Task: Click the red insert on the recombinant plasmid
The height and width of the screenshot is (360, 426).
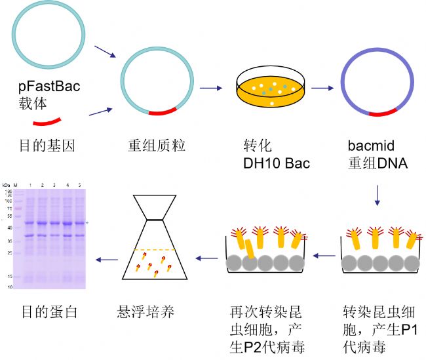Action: pyautogui.click(x=163, y=111)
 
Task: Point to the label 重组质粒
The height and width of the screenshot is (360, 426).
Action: pyautogui.click(x=156, y=145)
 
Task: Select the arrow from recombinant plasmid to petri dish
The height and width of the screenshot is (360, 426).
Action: pyautogui.click(x=211, y=87)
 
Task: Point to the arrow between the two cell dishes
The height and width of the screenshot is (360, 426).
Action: pyautogui.click(x=323, y=258)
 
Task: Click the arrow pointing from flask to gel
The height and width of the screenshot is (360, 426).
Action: pyautogui.click(x=107, y=259)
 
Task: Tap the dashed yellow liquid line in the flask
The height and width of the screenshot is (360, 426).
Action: pyautogui.click(x=157, y=250)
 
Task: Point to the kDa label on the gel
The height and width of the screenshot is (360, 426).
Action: pyautogui.click(x=7, y=185)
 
